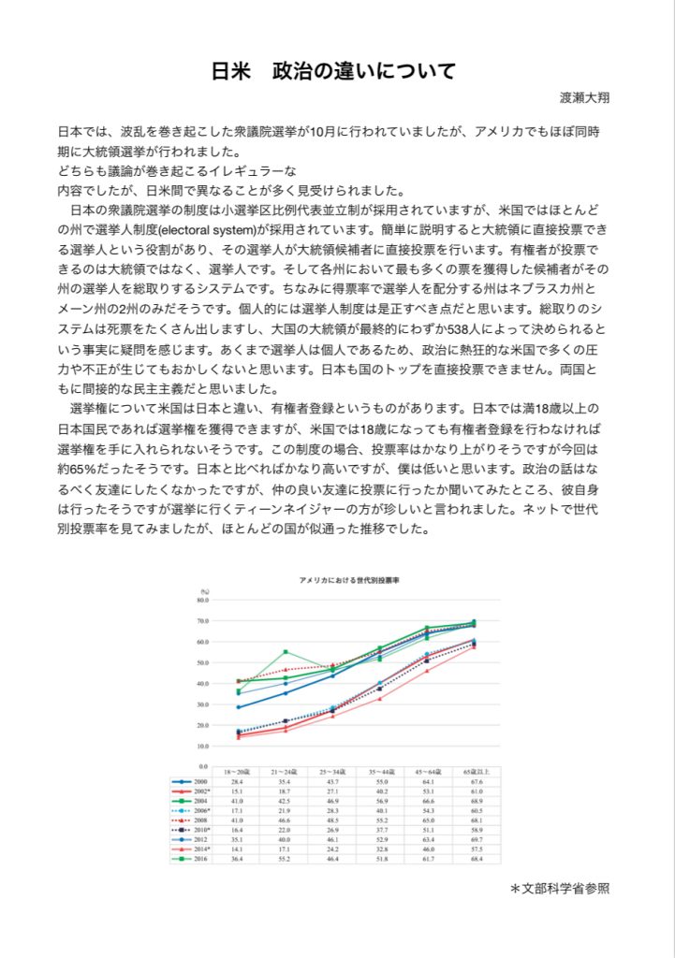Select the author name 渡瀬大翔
coord(586,97)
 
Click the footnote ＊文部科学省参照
coord(559,888)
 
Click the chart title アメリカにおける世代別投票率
coord(348,580)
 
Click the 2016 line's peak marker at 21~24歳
coord(286,652)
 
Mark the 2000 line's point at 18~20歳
coord(239,706)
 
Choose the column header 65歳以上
coord(476,771)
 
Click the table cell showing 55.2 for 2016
coord(286,859)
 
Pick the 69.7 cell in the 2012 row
coord(476,839)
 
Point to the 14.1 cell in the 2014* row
coord(238,849)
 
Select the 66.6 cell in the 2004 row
coord(428,801)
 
